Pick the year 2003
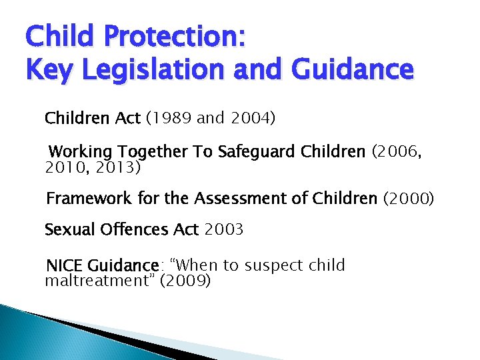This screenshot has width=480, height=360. point(224,230)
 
